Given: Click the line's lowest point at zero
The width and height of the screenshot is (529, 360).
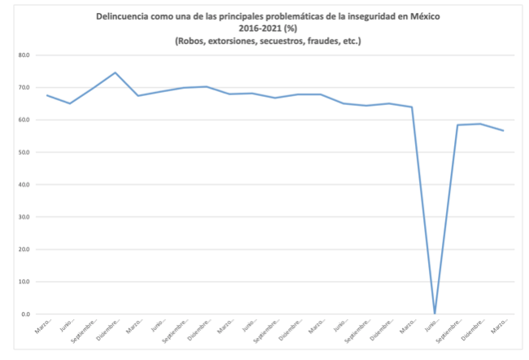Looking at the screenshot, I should (x=435, y=314).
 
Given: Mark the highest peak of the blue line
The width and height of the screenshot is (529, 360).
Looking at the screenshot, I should (x=115, y=72).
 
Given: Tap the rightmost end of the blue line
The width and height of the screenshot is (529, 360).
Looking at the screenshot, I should (x=504, y=130).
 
